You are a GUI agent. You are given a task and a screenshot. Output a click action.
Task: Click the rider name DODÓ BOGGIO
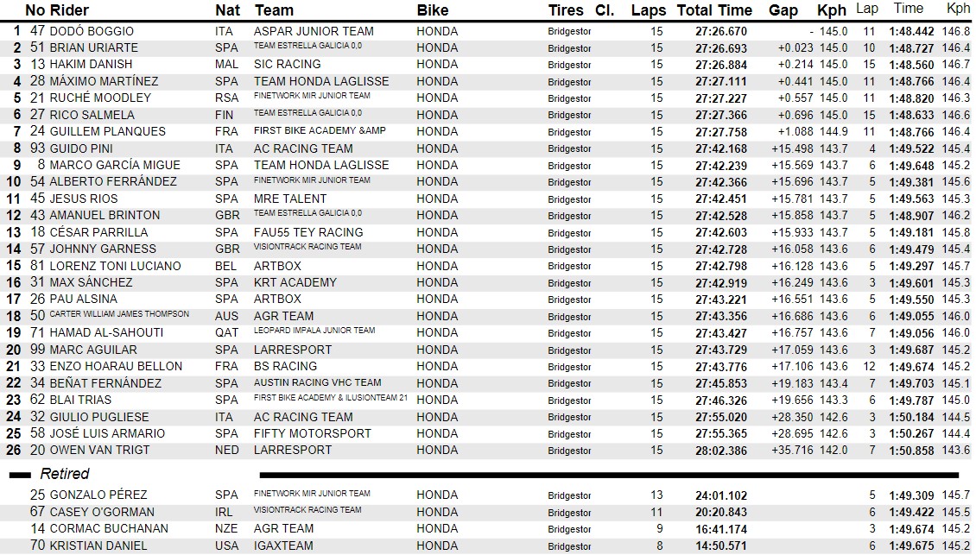pyautogui.click(x=92, y=31)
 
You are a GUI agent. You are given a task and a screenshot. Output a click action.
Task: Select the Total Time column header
pyautogui.click(x=714, y=11)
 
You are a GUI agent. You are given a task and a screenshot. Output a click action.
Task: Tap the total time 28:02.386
pyautogui.click(x=721, y=451)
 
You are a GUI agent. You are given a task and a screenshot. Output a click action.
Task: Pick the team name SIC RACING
pyautogui.click(x=287, y=65)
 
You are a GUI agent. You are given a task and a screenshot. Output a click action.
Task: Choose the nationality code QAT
pyautogui.click(x=225, y=332)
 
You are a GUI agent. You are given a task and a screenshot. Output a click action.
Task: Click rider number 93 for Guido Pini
pyautogui.click(x=37, y=148)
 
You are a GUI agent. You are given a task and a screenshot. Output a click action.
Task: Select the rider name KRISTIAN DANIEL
pyautogui.click(x=98, y=546)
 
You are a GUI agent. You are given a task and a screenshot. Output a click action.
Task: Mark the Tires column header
pyautogui.click(x=566, y=11)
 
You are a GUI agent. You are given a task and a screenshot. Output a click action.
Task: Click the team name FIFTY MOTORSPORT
pyautogui.click(x=312, y=433)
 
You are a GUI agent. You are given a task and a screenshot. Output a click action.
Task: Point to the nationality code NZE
pyautogui.click(x=226, y=528)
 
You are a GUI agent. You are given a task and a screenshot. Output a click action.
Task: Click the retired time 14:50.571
pyautogui.click(x=721, y=546)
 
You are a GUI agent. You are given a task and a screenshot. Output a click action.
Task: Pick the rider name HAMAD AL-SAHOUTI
pyautogui.click(x=106, y=332)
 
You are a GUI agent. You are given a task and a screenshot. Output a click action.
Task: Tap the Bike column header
pyautogui.click(x=433, y=11)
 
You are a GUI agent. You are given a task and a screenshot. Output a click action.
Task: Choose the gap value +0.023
pyautogui.click(x=795, y=48)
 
